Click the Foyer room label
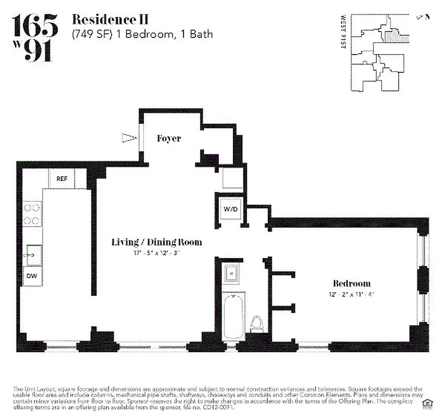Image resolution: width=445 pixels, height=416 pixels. click(x=169, y=138)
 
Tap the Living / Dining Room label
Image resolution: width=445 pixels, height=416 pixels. click(x=156, y=242)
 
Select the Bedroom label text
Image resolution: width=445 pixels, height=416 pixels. click(x=351, y=283)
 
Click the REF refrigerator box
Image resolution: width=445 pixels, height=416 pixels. click(x=62, y=179)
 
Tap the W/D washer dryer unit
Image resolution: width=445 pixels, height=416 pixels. click(x=230, y=210)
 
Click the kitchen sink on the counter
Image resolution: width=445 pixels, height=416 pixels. click(x=33, y=254)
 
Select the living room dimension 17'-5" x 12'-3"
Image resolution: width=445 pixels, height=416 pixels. click(x=156, y=253)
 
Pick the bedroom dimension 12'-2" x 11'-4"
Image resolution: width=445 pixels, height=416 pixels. click(x=351, y=294)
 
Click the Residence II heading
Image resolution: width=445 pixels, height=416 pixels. click(x=110, y=20)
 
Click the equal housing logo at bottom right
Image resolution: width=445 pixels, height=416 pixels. click(x=428, y=403)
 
